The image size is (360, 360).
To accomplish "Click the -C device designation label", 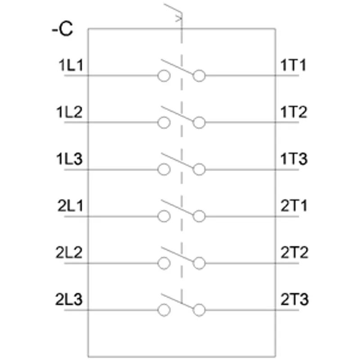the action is (63, 29).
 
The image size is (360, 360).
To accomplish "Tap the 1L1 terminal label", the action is (71, 65).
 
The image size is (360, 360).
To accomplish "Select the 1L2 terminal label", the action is (69, 112).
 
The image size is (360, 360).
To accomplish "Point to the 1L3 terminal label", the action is (69, 159).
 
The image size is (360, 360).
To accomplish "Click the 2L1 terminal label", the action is (70, 206).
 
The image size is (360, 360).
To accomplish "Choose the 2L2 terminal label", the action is (69, 252).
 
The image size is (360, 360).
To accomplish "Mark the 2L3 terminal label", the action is (69, 299).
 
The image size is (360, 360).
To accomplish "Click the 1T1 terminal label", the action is (293, 65).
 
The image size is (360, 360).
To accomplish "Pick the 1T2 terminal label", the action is (294, 112).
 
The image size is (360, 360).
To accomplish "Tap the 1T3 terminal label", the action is (294, 159).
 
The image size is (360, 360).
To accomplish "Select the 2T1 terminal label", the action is (294, 206).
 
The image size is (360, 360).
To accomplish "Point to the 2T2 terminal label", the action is (294, 252).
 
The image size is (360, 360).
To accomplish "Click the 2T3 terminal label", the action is (295, 299).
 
